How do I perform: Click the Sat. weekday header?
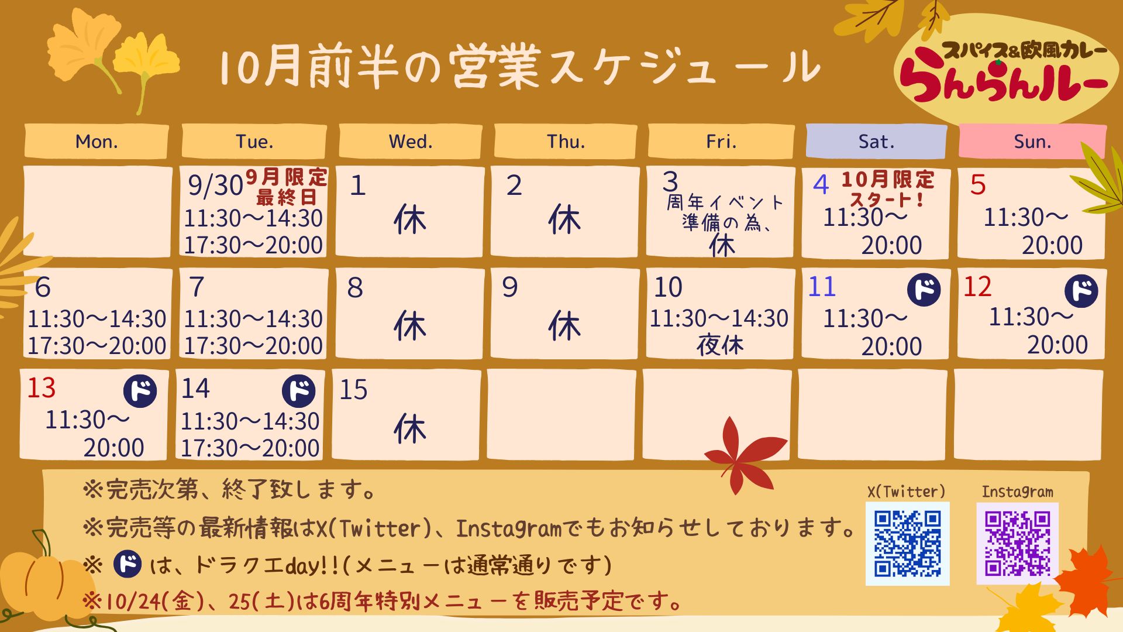pos(876,141)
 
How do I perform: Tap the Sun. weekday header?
pos(1032,141)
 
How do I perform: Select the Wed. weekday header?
pos(411,141)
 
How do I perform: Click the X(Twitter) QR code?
pos(907,544)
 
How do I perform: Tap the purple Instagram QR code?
pos(1017,544)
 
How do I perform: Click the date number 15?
pos(353,389)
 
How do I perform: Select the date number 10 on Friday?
pos(668,287)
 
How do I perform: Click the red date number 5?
pos(978,185)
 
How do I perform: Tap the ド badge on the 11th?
pos(924,290)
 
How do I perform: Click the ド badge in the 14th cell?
pos(299,391)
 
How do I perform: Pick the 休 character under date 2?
pos(564,219)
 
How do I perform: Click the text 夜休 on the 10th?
pos(720,345)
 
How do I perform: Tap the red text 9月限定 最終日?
pos(286,187)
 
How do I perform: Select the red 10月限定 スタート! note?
pos(888,189)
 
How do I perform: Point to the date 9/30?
pos(215,186)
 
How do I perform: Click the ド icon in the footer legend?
pos(127,564)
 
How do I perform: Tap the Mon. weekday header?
pos(97,141)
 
